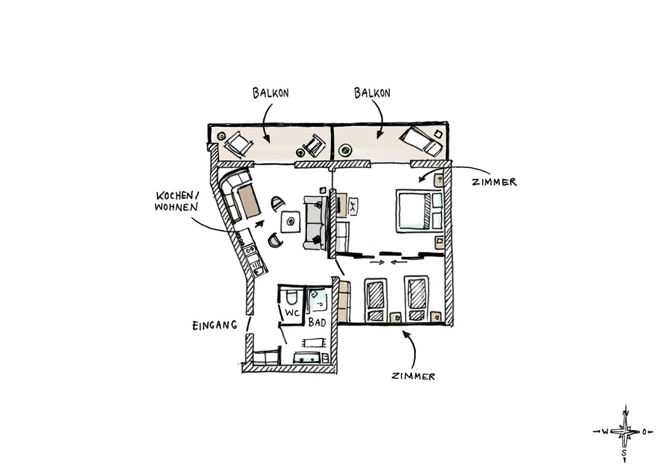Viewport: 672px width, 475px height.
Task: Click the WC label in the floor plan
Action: (x=292, y=313)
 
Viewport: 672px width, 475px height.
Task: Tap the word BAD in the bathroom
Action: (x=317, y=322)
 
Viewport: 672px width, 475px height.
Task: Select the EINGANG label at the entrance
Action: (x=215, y=325)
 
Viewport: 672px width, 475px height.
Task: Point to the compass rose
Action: (x=625, y=432)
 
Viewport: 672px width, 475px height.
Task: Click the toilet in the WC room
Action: (x=292, y=298)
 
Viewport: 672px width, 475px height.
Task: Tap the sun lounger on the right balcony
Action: (x=421, y=140)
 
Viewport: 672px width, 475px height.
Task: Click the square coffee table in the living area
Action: (x=290, y=221)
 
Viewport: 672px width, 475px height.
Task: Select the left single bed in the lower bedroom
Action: (x=375, y=299)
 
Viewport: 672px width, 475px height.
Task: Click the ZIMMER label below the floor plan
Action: (x=413, y=376)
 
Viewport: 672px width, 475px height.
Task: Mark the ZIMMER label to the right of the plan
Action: (x=494, y=182)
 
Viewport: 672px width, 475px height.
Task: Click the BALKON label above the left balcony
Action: (x=270, y=93)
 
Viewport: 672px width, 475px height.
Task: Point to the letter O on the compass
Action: (x=644, y=432)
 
